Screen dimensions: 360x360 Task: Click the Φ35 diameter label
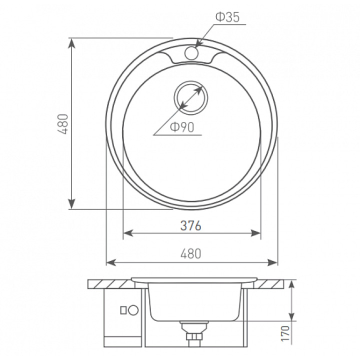tap(227, 17)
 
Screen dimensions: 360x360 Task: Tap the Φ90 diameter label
tap(182, 127)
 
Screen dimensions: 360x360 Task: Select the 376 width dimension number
tap(191, 225)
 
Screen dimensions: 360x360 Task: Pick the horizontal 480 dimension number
tap(191, 253)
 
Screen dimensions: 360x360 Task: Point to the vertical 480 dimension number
tap(63, 124)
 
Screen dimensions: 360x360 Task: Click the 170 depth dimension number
tap(285, 333)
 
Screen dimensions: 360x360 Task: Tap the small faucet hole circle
tap(191, 53)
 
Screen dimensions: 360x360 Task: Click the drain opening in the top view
tap(191, 97)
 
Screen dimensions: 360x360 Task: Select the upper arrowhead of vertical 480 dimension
tap(72, 43)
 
